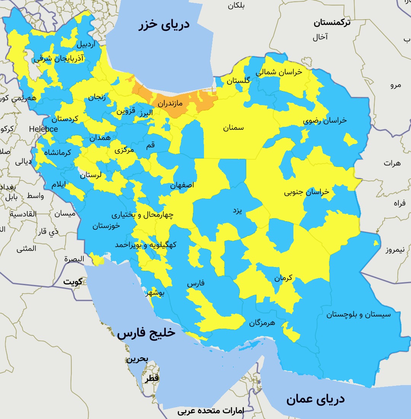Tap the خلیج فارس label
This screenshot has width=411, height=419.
(146, 333)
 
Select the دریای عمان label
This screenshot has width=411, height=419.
(315, 399)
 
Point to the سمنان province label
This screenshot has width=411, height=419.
(233, 128)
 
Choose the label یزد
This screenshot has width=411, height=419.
(237, 211)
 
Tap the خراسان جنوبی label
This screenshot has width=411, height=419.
(306, 192)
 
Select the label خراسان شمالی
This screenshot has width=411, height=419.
(279, 72)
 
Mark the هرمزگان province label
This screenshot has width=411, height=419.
(267, 323)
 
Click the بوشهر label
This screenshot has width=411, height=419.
(155, 293)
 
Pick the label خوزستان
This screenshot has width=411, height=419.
(106, 226)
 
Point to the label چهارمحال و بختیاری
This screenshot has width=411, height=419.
(142, 215)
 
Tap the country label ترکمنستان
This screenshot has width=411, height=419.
(332, 22)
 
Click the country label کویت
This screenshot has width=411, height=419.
(73, 282)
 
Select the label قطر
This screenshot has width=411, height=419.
(151, 379)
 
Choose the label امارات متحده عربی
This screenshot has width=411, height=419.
(211, 411)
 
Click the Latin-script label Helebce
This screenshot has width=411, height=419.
(43, 129)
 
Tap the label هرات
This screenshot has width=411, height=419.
(392, 163)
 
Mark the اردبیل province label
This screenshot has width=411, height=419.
(86, 44)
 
